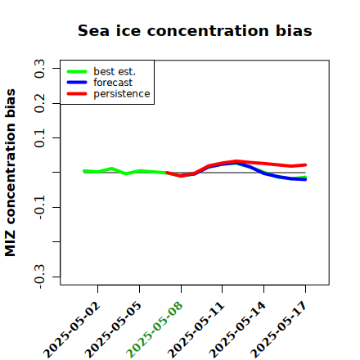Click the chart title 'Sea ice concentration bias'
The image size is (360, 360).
pyautogui.click(x=195, y=30)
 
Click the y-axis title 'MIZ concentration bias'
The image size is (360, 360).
pyautogui.click(x=11, y=173)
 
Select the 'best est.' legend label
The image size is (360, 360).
pyautogui.click(x=115, y=71)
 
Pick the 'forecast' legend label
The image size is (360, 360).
pyautogui.click(x=113, y=83)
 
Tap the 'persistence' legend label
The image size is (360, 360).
pyautogui.click(x=122, y=94)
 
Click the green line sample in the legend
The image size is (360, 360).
pyautogui.click(x=77, y=71)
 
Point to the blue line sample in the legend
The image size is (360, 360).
pyautogui.click(x=77, y=83)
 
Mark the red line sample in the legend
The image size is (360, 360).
pyautogui.click(x=77, y=94)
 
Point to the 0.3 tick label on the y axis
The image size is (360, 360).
pyautogui.click(x=39, y=69)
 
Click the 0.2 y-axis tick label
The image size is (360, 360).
pyautogui.click(x=39, y=103)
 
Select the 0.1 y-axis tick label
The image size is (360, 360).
pyautogui.click(x=39, y=138)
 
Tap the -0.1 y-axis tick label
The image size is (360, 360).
pyautogui.click(x=39, y=208)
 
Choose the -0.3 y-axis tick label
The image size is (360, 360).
pyautogui.click(x=39, y=277)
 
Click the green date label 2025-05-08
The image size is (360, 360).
pyautogui.click(x=155, y=330)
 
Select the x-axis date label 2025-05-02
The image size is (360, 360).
pyautogui.click(x=71, y=330)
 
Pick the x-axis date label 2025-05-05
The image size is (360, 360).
pyautogui.click(x=113, y=330)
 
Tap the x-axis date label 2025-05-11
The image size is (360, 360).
pyautogui.click(x=196, y=330)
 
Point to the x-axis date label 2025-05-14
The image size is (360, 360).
pyautogui.click(x=237, y=330)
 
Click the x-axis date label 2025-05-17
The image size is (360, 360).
pyautogui.click(x=279, y=330)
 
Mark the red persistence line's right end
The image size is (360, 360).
pyautogui.click(x=305, y=164)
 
